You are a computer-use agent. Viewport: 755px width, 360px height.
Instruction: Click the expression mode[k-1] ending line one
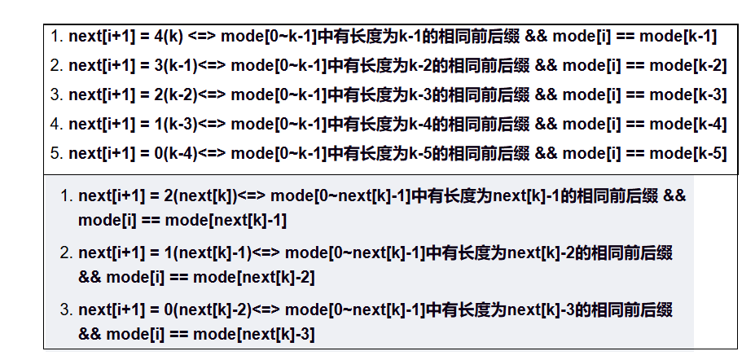tap(678, 37)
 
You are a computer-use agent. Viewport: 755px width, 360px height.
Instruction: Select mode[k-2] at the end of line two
tap(683, 66)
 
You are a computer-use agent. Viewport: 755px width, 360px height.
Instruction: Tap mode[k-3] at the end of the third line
tap(683, 95)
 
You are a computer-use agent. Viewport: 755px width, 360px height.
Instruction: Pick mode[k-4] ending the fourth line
tap(683, 125)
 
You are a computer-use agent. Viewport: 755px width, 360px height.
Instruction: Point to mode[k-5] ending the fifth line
tap(683, 154)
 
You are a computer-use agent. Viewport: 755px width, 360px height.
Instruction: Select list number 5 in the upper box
tap(55, 154)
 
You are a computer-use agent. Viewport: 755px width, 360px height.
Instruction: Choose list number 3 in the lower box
tap(64, 310)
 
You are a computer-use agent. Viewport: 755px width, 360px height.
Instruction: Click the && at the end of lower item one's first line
tap(675, 196)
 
